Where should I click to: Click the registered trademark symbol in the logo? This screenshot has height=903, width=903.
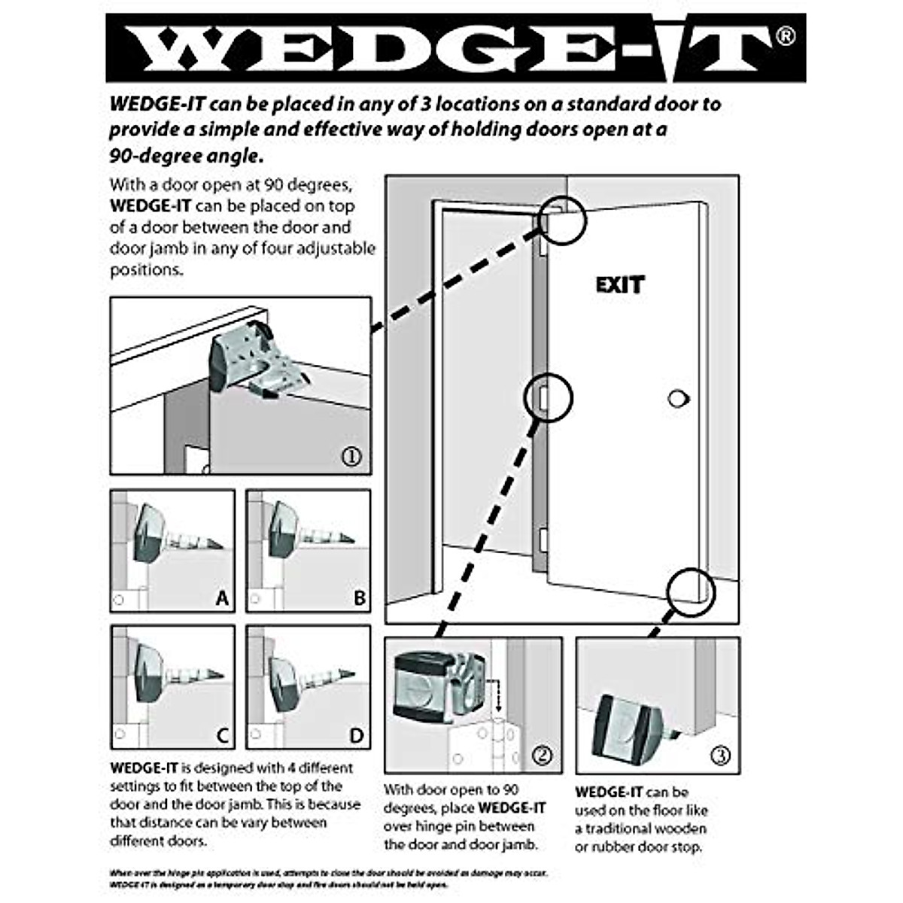(784, 35)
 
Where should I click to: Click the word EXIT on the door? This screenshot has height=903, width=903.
(620, 285)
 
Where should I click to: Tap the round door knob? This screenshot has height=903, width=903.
(678, 399)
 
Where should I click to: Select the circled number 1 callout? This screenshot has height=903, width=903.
(351, 456)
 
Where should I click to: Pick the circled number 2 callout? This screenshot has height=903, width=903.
(542, 755)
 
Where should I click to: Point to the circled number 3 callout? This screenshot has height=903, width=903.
(720, 755)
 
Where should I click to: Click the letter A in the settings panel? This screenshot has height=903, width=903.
(221, 598)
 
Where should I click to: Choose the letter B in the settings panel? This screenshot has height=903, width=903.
(359, 598)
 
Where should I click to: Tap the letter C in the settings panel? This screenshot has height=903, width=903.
(222, 735)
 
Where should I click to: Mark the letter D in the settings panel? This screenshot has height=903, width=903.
(357, 735)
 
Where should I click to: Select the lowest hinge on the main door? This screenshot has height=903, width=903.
(543, 540)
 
